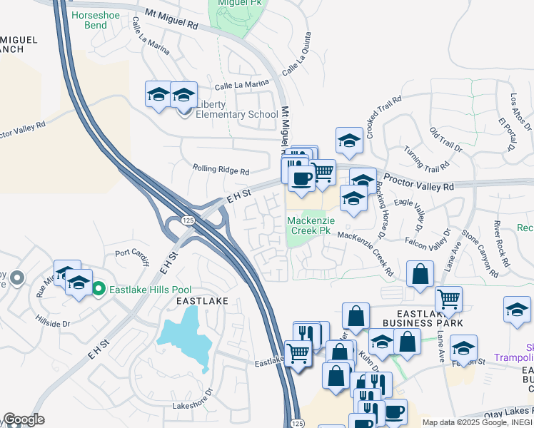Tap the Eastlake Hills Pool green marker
98,289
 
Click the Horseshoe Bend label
90,20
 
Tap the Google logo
24,419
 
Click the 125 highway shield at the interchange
187,221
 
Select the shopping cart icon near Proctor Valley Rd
323,171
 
